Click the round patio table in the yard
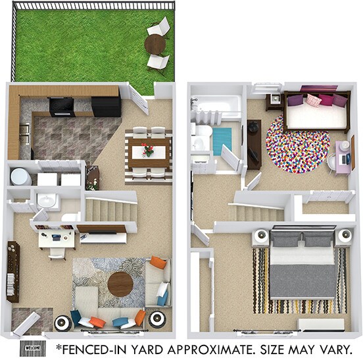point(155,44)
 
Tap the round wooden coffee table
point(120,284)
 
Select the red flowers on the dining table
point(148,150)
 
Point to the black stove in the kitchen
point(61,105)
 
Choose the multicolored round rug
point(297,143)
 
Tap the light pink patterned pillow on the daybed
point(313,100)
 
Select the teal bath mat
point(222,140)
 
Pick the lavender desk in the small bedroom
point(343,157)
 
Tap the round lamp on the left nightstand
point(263,236)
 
